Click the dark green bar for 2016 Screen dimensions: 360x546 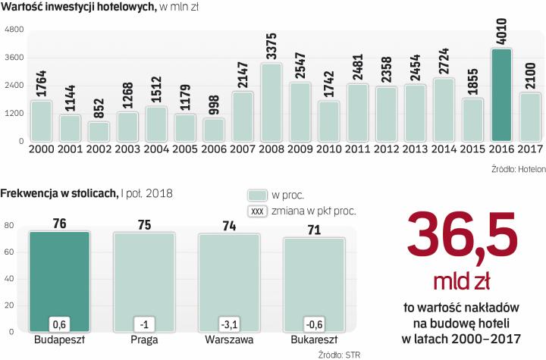(x=500, y=95)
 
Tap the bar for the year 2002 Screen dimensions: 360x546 (x=99, y=130)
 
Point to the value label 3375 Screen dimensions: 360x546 (x=272, y=48)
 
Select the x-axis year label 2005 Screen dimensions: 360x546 (x=185, y=149)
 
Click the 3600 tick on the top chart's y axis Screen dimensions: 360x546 (x=15, y=58)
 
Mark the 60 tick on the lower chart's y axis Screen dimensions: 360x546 (x=11, y=253)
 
